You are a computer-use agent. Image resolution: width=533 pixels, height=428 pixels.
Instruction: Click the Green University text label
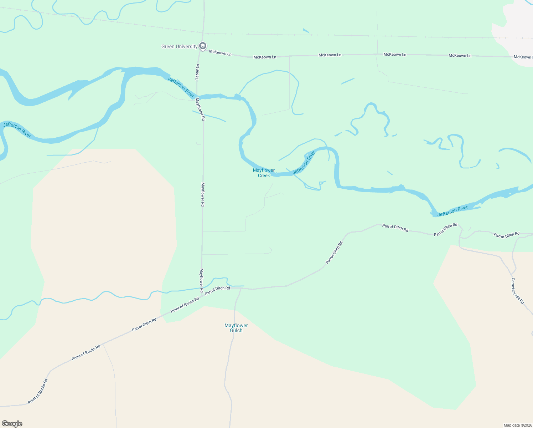179,46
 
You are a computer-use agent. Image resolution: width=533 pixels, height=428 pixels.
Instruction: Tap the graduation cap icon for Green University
203,46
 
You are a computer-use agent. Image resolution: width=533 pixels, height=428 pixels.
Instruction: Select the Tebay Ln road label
197,72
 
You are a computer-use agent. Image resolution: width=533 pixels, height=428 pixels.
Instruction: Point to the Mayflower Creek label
264,173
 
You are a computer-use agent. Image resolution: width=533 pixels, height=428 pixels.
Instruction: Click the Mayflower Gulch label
236,328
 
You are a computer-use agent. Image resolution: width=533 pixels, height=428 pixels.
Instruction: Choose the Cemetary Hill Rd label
518,291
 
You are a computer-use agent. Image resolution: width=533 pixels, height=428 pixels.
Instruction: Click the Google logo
12,424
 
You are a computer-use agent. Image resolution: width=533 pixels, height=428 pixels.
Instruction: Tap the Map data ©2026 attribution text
517,425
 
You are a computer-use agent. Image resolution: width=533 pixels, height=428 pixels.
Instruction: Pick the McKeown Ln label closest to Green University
220,53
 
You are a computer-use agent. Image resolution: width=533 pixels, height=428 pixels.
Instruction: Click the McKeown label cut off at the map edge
523,57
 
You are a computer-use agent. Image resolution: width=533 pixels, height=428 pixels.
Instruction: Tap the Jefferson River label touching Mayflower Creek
304,163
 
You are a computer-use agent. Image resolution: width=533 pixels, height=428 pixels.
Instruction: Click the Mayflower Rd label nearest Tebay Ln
200,109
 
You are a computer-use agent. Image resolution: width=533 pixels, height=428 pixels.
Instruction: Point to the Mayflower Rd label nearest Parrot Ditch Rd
202,280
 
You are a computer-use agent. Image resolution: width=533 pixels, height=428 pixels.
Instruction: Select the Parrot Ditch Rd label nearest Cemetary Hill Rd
506,235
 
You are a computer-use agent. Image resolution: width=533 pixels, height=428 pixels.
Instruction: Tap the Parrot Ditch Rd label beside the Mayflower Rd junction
217,290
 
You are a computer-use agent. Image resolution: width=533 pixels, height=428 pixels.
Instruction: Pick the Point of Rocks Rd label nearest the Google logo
37,391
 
